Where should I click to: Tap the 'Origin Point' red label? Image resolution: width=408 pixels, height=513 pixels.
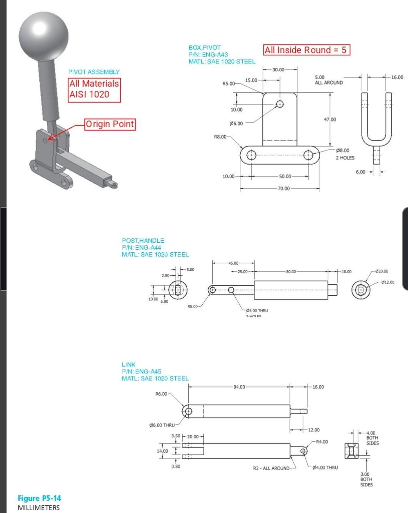[110, 124]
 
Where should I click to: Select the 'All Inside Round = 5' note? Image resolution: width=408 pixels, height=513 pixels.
[306, 50]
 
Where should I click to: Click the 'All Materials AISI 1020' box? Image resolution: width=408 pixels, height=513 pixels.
[94, 89]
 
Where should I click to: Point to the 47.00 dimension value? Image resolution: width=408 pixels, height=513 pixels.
[330, 120]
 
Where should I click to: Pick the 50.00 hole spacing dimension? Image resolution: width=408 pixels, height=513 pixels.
[285, 176]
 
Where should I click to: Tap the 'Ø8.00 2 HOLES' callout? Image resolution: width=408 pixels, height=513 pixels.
[345, 154]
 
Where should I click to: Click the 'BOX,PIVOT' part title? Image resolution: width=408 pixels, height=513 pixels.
[205, 48]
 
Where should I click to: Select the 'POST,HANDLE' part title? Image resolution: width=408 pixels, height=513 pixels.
[143, 240]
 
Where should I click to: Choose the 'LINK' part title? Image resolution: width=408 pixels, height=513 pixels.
[128, 364]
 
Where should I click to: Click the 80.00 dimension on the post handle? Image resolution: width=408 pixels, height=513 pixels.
[291, 271]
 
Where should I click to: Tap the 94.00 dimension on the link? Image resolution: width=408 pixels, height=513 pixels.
[239, 387]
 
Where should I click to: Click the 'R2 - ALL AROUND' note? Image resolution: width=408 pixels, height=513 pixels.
[271, 468]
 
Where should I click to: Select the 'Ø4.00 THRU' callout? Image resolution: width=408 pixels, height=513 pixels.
[325, 468]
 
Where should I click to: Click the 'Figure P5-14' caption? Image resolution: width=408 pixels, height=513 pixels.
[39, 498]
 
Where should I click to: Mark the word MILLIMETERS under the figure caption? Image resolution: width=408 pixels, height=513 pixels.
[39, 508]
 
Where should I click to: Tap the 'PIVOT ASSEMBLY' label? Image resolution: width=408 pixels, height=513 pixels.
[94, 72]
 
